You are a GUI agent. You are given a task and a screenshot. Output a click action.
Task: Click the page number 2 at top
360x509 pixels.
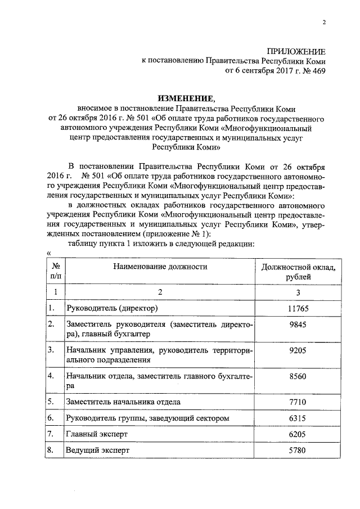tap(324, 22)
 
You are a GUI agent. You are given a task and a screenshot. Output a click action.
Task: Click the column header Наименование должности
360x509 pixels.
tap(160, 267)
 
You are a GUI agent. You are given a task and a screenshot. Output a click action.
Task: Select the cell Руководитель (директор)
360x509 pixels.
tap(111, 308)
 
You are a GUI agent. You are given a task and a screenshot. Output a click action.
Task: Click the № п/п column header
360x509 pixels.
tap(55, 272)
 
